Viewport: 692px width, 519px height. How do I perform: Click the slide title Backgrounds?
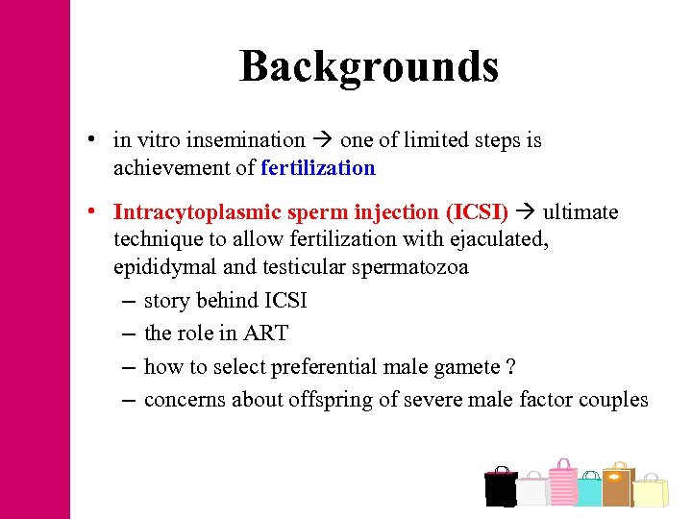coord(369,66)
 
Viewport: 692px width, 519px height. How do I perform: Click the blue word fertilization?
coord(317,168)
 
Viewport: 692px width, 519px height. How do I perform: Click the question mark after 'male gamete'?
coord(510,367)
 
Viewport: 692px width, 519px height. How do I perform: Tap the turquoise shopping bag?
coord(588,489)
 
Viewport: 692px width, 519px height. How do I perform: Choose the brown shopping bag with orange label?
coord(618,484)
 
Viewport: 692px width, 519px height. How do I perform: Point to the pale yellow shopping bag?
coord(651,490)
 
